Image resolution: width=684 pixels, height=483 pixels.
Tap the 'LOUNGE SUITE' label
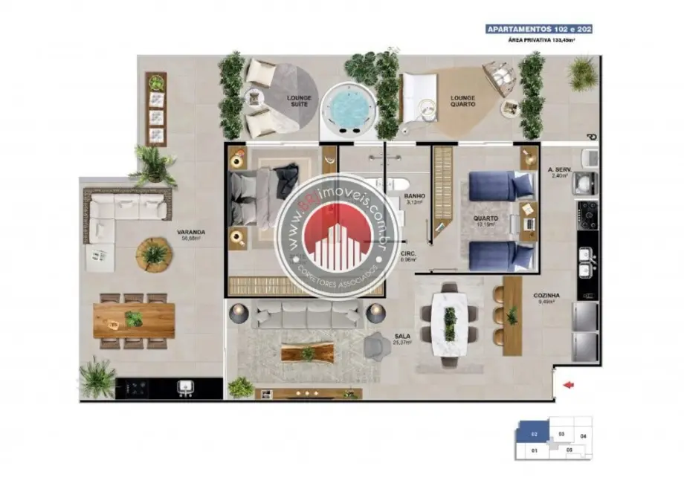point(300,101)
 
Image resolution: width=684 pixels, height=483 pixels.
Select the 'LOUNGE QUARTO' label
point(462,101)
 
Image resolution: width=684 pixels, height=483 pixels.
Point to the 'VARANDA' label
point(191,232)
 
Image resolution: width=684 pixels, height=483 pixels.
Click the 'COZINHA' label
point(546,295)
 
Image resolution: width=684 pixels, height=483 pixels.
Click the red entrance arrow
point(569,384)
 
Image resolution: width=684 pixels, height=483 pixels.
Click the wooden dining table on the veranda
point(134,320)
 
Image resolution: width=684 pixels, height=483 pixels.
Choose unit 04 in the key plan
point(583,435)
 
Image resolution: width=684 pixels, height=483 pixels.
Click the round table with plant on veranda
point(154,255)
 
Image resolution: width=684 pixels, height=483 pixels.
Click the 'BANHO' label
point(413,197)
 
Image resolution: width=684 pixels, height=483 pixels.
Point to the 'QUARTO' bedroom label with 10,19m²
point(485,218)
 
